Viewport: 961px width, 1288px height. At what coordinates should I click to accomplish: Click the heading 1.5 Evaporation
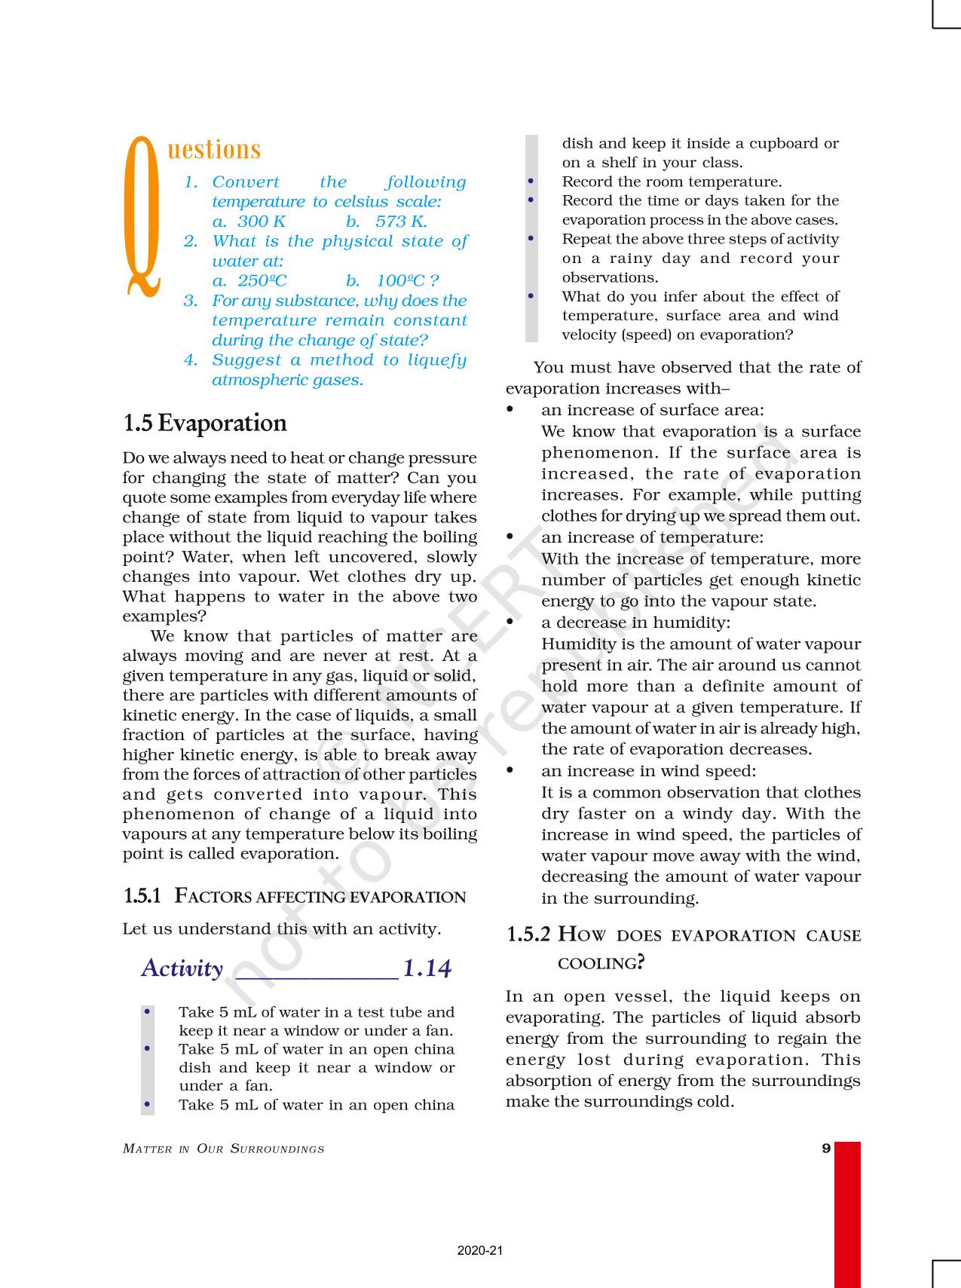(x=205, y=423)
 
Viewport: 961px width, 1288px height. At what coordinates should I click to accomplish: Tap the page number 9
(x=826, y=1149)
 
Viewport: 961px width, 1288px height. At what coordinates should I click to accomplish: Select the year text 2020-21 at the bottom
(x=479, y=1251)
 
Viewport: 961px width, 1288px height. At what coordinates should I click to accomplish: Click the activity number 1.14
(x=427, y=968)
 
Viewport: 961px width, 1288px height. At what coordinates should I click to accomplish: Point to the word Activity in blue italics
(x=182, y=968)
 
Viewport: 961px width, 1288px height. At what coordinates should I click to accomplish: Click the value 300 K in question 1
(x=261, y=222)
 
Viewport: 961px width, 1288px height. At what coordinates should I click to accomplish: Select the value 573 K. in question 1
(x=401, y=222)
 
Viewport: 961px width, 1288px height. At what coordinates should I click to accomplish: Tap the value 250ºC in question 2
(x=262, y=281)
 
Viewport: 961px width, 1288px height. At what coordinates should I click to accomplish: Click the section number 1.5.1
(x=142, y=896)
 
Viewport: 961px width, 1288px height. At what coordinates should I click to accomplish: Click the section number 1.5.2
(x=528, y=935)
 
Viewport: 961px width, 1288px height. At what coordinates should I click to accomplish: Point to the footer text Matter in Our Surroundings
(x=224, y=1149)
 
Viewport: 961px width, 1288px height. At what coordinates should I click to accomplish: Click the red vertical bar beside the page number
(x=847, y=1213)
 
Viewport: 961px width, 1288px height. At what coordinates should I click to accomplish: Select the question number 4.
(x=191, y=360)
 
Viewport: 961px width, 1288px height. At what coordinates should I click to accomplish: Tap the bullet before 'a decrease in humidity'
(x=510, y=623)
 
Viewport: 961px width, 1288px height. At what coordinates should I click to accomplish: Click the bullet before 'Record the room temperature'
(x=531, y=182)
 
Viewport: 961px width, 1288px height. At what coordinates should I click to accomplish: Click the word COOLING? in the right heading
(x=601, y=963)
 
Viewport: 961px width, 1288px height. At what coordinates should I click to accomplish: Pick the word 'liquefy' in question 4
(x=437, y=360)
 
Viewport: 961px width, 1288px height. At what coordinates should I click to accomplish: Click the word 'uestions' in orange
(x=214, y=149)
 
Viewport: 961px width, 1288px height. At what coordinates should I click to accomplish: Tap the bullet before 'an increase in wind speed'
(x=510, y=771)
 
